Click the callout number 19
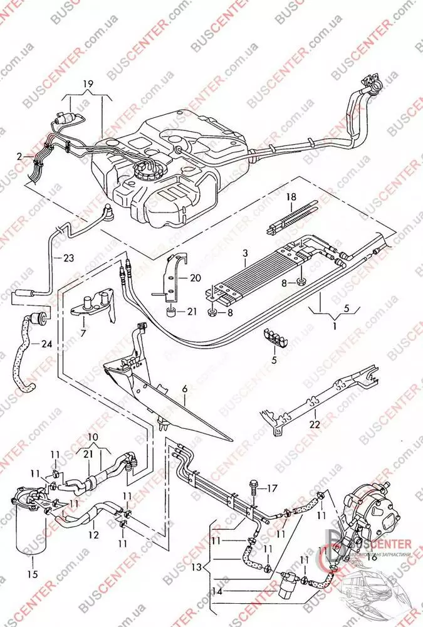point(87,83)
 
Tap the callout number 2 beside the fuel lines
point(19,155)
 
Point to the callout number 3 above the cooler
point(246,253)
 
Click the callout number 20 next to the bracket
point(194,278)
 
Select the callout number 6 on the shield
point(185,389)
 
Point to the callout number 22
point(314,424)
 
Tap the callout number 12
point(93,535)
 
